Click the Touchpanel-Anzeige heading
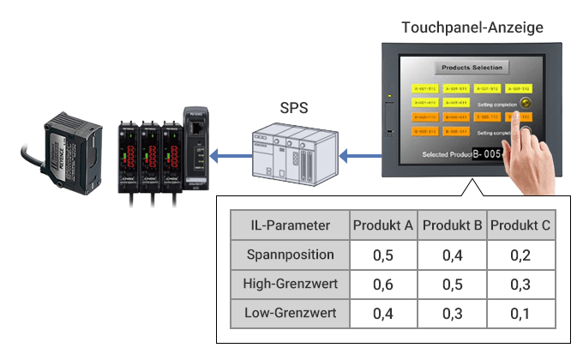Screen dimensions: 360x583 (x=472, y=27)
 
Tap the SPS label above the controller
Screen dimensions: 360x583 (x=294, y=109)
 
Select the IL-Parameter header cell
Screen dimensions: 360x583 (x=290, y=225)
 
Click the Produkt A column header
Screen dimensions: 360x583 (x=383, y=225)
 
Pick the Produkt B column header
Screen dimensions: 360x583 (x=453, y=225)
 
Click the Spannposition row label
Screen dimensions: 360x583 (x=290, y=255)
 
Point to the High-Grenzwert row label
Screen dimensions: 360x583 (x=290, y=284)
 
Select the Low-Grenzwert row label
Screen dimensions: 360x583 (x=290, y=313)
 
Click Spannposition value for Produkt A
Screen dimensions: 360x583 (x=383, y=255)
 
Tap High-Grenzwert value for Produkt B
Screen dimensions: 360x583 (x=453, y=284)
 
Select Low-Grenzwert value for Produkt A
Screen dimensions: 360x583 (x=383, y=313)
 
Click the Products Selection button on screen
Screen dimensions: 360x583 (x=472, y=67)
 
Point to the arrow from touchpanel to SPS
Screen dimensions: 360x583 (x=352, y=155)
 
